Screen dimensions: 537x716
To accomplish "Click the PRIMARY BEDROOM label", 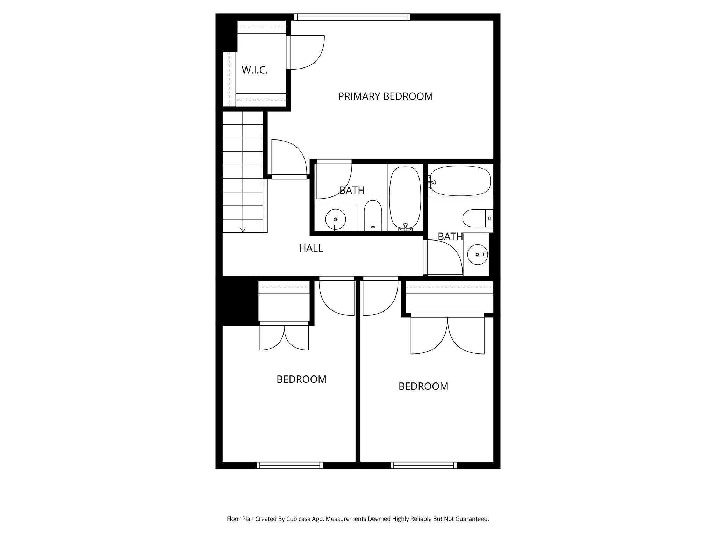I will [x=385, y=96].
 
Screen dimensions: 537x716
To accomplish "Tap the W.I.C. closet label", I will [x=255, y=70].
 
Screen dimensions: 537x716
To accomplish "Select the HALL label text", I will [x=311, y=248].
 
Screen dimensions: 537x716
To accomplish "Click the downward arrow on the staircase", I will [x=243, y=230].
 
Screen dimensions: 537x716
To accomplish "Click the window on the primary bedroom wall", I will [x=352, y=17].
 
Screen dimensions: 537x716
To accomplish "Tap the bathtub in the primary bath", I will [x=405, y=198].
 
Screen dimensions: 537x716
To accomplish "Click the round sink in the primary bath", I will [x=335, y=219].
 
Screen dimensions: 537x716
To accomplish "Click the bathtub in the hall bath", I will [x=460, y=181].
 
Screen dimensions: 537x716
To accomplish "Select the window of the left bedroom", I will [x=289, y=465].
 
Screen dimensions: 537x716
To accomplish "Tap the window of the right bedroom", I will [x=423, y=465].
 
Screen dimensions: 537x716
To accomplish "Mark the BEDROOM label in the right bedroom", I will [x=423, y=386].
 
